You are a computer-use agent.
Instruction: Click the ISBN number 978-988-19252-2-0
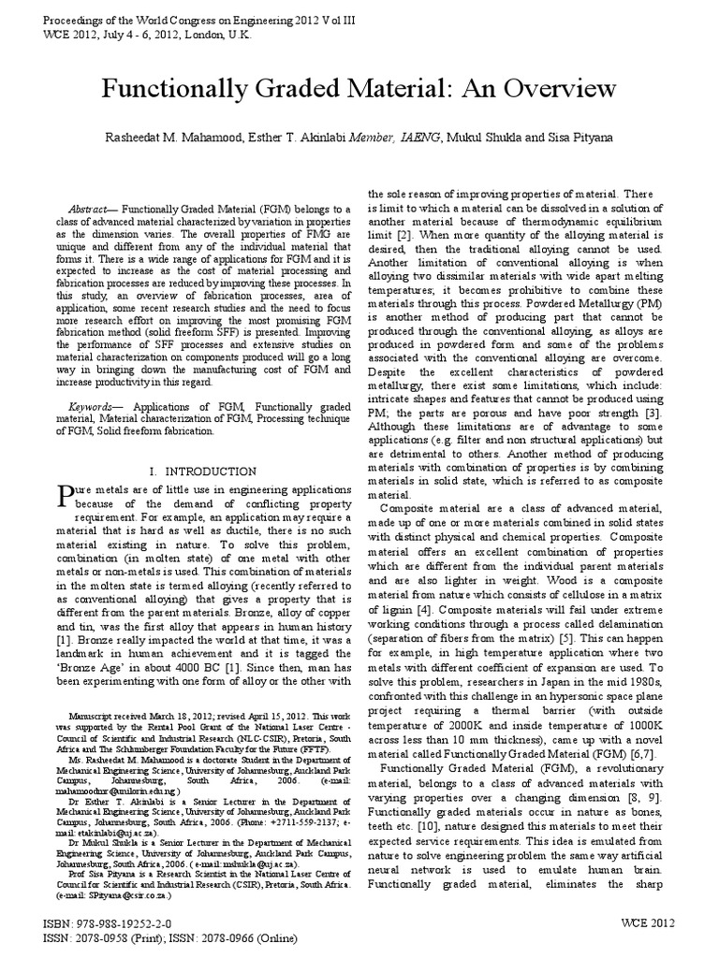127,924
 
